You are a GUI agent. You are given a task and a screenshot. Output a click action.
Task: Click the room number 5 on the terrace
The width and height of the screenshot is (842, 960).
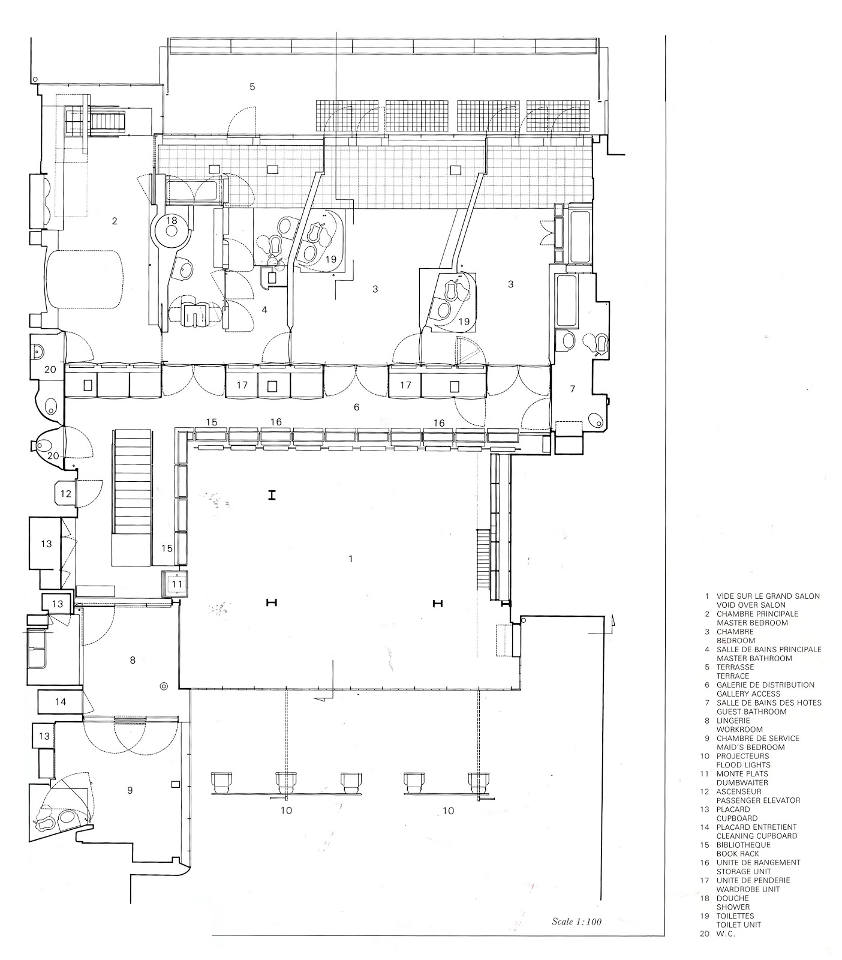tap(252, 87)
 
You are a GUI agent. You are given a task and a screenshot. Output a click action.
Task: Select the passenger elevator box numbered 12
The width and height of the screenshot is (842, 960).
tap(67, 494)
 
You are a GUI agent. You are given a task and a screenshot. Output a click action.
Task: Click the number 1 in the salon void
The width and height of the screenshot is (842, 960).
tap(351, 559)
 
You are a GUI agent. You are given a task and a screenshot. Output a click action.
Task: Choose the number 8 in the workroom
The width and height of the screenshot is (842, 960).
tap(133, 660)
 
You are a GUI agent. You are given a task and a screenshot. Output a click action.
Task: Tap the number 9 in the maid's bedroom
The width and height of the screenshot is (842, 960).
tap(130, 790)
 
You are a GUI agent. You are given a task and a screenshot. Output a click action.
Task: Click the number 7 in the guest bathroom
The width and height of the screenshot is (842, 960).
tap(572, 389)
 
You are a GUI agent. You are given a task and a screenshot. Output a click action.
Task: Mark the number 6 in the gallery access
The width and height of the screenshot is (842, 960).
tap(357, 407)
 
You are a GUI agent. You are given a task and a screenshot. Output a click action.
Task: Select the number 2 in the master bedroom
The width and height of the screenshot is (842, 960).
tap(115, 221)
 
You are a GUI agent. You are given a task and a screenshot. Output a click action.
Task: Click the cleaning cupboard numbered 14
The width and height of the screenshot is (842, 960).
tap(61, 701)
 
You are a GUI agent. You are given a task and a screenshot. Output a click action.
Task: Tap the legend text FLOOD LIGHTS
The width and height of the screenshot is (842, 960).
tap(744, 765)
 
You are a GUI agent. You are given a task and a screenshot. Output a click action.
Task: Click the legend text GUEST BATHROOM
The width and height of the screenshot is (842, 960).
tap(751, 712)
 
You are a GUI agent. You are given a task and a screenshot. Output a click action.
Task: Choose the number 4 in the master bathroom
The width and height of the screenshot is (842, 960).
tap(264, 310)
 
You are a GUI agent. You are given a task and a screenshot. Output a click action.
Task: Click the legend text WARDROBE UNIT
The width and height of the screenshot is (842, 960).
tap(748, 889)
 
